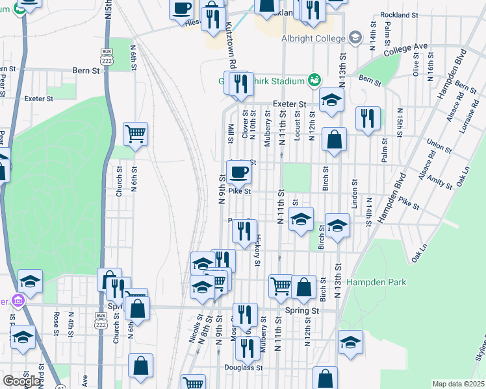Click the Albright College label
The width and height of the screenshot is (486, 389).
[313, 39]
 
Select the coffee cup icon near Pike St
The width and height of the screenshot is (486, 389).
[238, 172]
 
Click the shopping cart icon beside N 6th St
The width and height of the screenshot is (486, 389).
[135, 134]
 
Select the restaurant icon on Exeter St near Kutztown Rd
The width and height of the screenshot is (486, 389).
[240, 84]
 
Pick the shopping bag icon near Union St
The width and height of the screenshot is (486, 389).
[334, 139]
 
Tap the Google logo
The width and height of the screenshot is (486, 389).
[21, 381]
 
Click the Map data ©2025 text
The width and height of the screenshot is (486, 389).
[458, 384]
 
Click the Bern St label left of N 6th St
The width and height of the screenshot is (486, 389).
[84, 70]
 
